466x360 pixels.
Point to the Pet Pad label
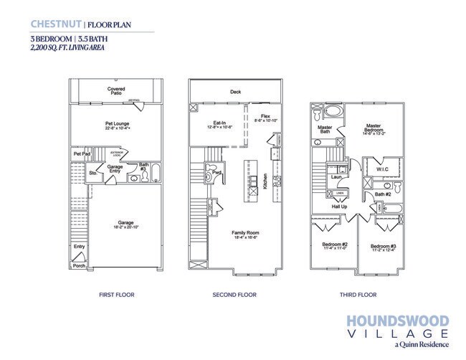point(80,153)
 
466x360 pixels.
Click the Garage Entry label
point(115,169)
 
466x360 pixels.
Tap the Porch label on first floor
point(79,265)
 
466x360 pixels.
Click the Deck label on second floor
point(235,92)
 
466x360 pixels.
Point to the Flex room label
point(265,116)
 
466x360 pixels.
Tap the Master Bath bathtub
point(331,112)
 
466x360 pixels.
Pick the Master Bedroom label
point(373,127)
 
